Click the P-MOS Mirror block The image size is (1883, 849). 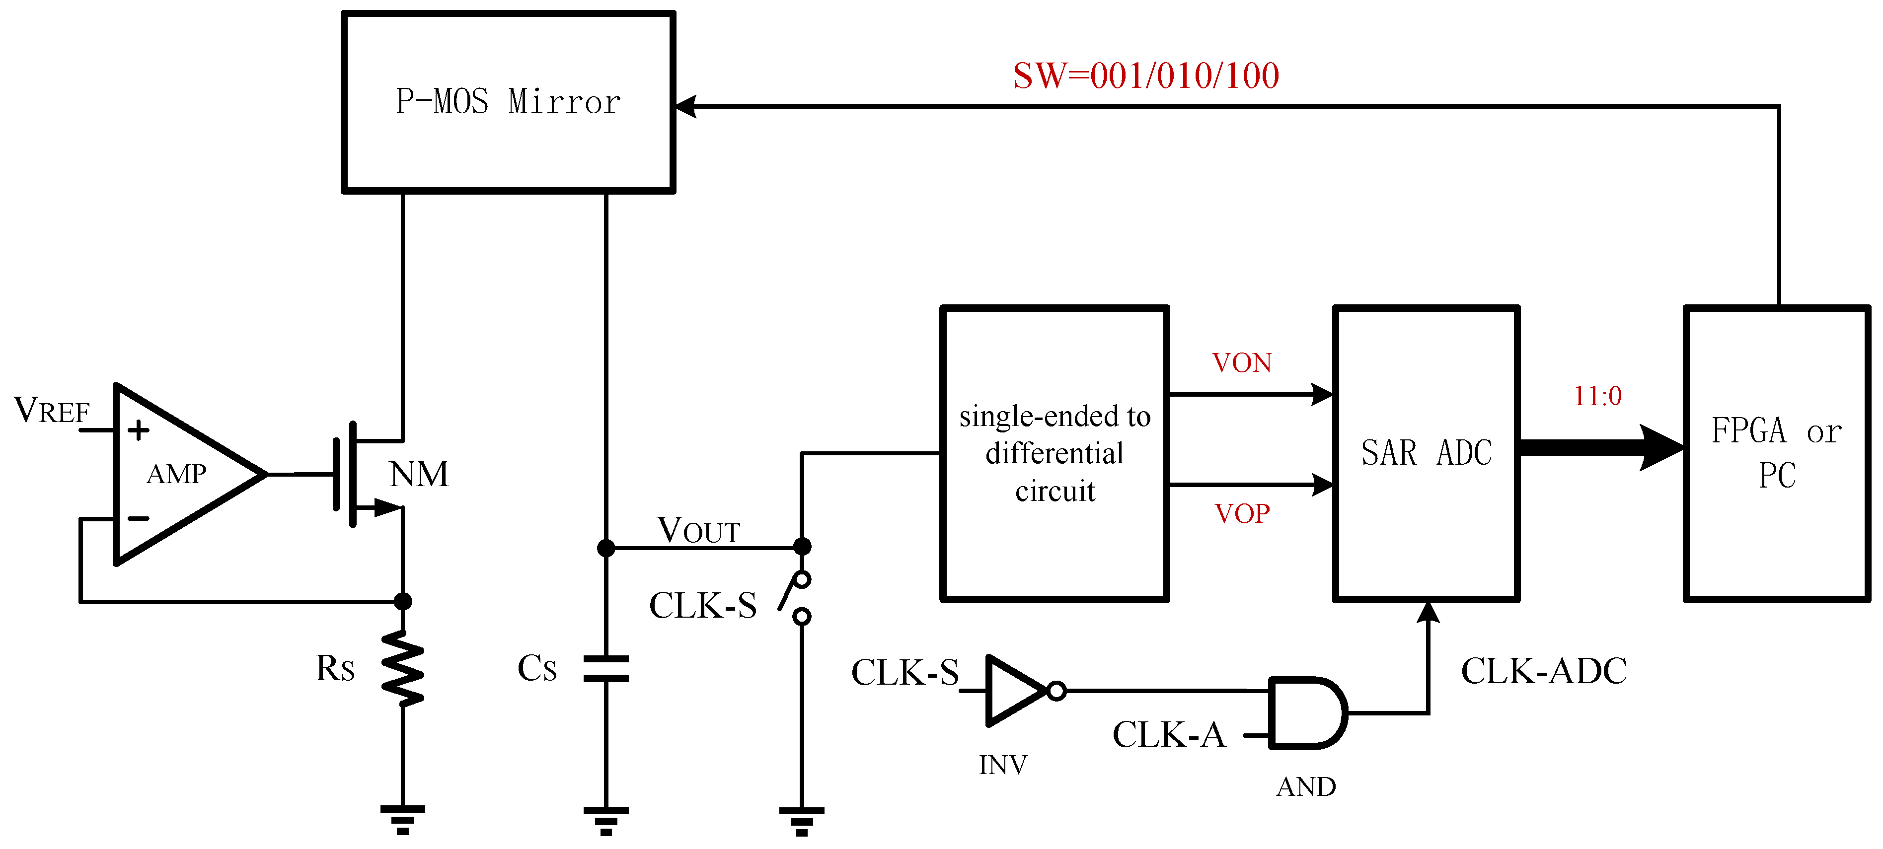coord(508,102)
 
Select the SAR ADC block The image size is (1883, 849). coord(1426,453)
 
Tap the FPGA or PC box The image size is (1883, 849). coord(1776,453)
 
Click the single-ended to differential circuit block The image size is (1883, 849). coord(1054,453)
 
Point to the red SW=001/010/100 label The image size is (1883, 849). coord(1145,76)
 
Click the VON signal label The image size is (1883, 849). coord(1241,363)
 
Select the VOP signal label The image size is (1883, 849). coord(1241,514)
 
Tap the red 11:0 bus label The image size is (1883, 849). coord(1597,396)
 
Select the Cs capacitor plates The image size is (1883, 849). coord(606,669)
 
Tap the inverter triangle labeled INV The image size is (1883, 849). coord(1016,691)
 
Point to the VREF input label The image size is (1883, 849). coord(51,411)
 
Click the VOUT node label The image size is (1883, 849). coord(698,530)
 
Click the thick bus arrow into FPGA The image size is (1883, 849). coord(1601,447)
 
